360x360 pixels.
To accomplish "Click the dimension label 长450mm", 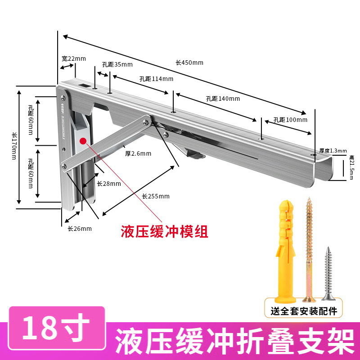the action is pos(189,63).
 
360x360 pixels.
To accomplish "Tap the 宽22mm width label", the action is pos(73,59).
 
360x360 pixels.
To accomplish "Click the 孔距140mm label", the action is pos(223,99).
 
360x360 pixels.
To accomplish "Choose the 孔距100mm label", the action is pos(290,120).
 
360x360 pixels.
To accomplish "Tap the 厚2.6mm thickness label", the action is pos(138,153).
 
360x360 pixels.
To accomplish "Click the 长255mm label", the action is pos(156,196).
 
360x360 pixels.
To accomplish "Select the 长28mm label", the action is pos(109,184).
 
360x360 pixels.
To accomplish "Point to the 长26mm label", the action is pos(80,229).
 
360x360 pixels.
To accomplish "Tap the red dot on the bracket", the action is pos(83,141).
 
